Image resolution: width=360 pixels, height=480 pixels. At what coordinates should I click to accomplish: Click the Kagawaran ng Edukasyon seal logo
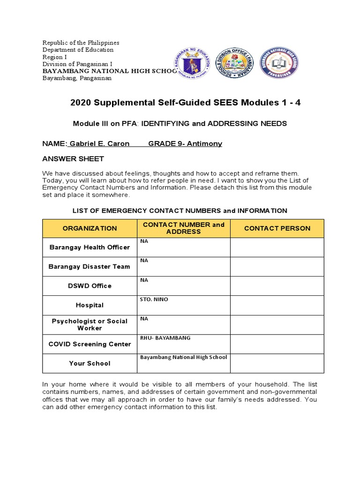click(x=194, y=63)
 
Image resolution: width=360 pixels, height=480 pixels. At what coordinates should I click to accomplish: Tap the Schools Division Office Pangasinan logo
click(x=234, y=63)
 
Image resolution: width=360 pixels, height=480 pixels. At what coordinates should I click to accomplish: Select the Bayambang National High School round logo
click(x=279, y=63)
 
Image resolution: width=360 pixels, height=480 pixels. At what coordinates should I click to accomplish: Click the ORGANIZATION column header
click(x=90, y=228)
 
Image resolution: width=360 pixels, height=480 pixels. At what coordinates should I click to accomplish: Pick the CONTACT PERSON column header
click(x=277, y=228)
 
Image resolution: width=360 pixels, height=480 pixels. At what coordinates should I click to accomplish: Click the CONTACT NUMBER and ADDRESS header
click(x=183, y=228)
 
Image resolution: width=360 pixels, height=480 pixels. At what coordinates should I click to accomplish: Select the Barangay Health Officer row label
click(x=90, y=247)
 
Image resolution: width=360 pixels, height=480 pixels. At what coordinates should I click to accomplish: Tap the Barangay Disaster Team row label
click(x=90, y=267)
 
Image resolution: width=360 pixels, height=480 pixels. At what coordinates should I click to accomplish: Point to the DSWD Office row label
click(x=90, y=286)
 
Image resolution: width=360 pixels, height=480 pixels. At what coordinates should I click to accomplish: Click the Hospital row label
click(x=90, y=305)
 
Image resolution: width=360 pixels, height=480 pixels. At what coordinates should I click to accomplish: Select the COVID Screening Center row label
click(x=90, y=344)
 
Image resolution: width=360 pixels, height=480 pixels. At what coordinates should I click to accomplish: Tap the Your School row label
click(x=90, y=363)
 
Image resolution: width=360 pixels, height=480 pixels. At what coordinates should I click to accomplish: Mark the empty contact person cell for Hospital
click(x=277, y=305)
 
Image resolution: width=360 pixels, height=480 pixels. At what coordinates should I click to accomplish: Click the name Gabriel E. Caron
click(x=99, y=144)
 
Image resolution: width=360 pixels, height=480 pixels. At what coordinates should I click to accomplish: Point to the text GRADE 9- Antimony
click(x=185, y=144)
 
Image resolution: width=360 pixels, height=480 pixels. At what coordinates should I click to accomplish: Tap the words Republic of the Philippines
click(x=81, y=43)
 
